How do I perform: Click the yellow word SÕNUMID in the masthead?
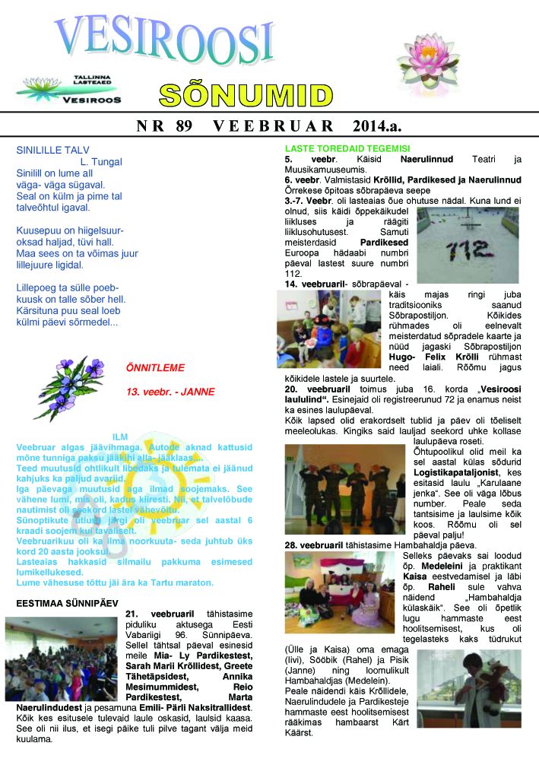point(246,95)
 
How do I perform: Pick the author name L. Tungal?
point(100,162)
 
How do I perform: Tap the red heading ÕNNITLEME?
point(155,368)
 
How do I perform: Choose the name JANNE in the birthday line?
point(198,392)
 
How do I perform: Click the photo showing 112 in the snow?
point(467,245)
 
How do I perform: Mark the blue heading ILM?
point(119,437)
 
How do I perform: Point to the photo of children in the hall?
point(59,658)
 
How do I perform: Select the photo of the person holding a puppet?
point(469,688)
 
